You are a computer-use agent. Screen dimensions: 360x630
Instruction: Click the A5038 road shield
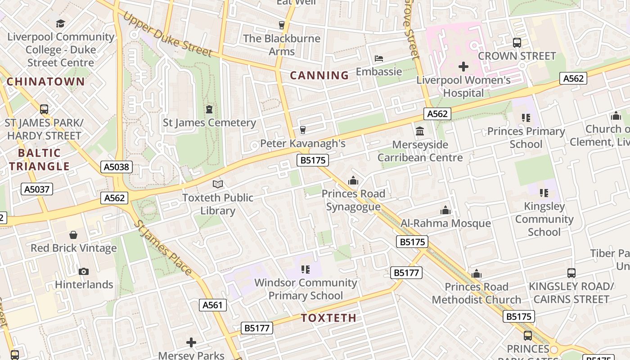click(116, 167)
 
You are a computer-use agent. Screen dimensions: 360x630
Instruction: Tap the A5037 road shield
click(37, 189)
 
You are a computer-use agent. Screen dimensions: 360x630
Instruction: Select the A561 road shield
click(212, 305)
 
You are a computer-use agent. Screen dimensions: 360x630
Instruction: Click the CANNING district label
click(319, 75)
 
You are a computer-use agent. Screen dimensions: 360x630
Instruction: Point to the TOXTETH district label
click(328, 318)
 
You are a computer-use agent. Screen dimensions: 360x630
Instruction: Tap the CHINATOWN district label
click(45, 81)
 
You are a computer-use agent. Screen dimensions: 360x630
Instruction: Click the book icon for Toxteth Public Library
click(218, 184)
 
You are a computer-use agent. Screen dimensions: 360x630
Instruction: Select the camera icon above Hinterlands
click(84, 271)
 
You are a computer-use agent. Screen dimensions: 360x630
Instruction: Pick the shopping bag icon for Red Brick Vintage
click(73, 235)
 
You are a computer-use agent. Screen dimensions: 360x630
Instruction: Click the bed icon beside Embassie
click(379, 58)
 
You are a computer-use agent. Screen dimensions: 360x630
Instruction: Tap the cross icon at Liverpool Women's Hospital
click(463, 67)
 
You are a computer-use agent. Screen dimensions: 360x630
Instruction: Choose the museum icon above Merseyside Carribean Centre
click(420, 131)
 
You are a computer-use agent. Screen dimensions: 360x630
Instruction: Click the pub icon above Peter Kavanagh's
click(303, 130)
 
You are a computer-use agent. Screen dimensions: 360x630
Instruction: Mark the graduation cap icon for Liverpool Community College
click(60, 23)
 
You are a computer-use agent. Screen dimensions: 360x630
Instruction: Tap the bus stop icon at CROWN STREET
click(517, 43)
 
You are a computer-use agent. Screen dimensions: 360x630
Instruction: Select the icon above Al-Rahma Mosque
click(445, 210)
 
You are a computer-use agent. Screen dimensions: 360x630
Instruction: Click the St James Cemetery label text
click(209, 122)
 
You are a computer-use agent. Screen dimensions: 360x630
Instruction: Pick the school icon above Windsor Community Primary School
click(306, 270)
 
